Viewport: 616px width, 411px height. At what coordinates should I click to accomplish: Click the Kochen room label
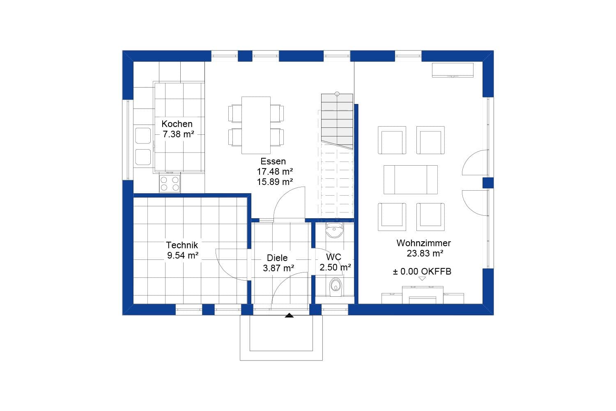click(x=177, y=124)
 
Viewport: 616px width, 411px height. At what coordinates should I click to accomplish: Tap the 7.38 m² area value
click(x=178, y=134)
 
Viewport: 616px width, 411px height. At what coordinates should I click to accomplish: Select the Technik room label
click(x=182, y=245)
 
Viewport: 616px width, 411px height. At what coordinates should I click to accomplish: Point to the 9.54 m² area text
click(x=182, y=255)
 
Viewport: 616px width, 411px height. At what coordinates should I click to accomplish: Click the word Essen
click(x=273, y=161)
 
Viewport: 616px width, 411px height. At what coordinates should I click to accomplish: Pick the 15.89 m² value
click(x=275, y=182)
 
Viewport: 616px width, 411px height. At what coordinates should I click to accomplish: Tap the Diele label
click(x=277, y=258)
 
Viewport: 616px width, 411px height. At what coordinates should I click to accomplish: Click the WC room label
click(x=333, y=257)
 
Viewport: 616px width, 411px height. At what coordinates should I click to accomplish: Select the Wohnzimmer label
click(x=423, y=243)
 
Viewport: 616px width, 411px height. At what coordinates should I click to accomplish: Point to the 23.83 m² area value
click(x=425, y=253)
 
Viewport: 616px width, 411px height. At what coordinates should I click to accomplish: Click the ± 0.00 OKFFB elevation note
click(x=422, y=271)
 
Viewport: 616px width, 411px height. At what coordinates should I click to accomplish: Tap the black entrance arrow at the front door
click(x=290, y=316)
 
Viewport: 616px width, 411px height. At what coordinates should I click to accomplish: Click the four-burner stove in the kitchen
click(x=170, y=183)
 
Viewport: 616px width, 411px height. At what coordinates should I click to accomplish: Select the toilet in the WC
click(x=336, y=286)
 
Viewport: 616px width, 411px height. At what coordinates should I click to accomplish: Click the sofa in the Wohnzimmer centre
click(x=410, y=180)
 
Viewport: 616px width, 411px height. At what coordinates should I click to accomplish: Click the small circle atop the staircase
click(x=337, y=94)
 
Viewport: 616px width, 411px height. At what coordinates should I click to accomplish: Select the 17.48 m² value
click(x=275, y=171)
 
